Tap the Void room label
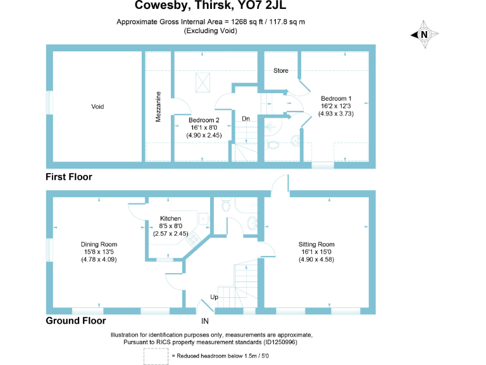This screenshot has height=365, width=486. (x=97, y=106)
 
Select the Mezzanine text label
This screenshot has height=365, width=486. (x=158, y=107)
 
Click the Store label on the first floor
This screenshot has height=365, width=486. (x=280, y=70)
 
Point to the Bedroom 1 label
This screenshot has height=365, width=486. (x=336, y=98)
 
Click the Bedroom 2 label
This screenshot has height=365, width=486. (x=204, y=120)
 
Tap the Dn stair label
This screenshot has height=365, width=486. (x=247, y=118)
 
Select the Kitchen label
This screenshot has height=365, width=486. (x=170, y=219)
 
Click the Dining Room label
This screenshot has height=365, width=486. (x=99, y=244)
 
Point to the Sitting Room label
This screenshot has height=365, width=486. (x=318, y=244)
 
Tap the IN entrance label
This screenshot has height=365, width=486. (x=205, y=321)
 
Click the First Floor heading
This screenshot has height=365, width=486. (x=69, y=177)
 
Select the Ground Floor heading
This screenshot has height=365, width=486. (x=75, y=321)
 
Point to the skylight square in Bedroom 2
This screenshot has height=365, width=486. (x=203, y=82)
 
